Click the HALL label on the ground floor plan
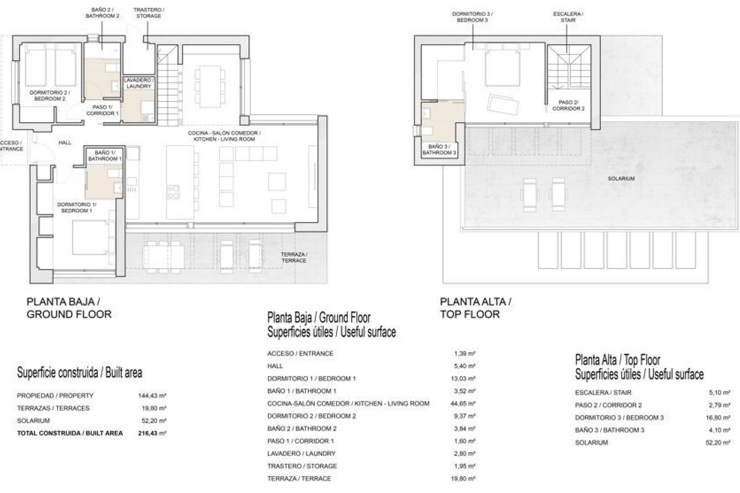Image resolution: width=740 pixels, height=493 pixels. (65, 143)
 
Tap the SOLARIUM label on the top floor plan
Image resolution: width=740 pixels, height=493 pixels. (621, 179)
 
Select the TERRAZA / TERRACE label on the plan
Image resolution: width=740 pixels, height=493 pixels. (294, 257)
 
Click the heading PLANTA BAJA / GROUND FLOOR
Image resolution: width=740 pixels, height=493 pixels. (69, 308)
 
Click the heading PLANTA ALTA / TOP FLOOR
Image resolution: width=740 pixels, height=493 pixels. (475, 308)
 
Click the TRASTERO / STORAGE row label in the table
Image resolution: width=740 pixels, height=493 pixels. (302, 466)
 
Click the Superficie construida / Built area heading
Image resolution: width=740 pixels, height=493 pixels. (79, 372)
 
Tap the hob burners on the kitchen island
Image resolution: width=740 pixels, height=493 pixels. (173, 192)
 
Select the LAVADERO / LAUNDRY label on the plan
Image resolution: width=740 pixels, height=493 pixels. (139, 83)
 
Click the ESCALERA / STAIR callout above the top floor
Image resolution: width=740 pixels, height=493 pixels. (568, 17)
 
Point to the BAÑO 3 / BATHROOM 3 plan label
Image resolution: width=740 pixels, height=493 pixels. (439, 149)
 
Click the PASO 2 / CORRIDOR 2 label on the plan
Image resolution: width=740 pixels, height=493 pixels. (568, 106)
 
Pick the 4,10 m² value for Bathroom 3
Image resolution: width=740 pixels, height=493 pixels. (719, 430)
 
